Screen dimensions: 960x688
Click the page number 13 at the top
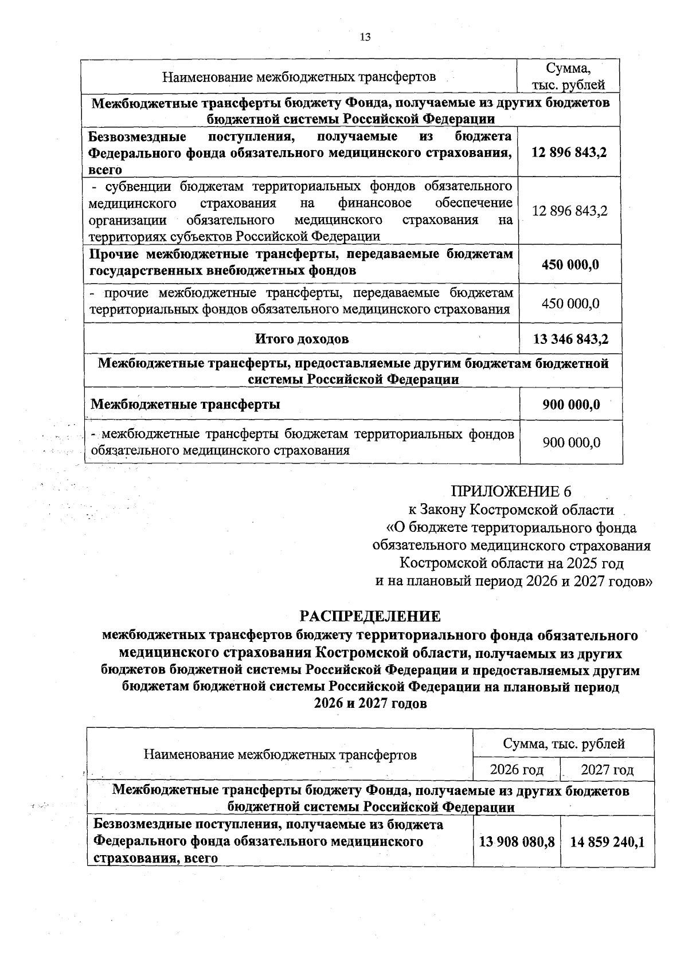[365, 37]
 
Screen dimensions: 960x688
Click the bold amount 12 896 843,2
[569, 152]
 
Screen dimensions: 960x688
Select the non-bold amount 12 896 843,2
[569, 211]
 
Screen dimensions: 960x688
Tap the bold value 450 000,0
[570, 265]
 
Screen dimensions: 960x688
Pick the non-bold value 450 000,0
[570, 303]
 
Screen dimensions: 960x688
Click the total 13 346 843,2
[570, 339]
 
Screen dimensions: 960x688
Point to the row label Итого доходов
[302, 339]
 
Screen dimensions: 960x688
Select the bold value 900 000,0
[571, 404]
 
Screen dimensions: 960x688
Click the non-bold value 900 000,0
[571, 442]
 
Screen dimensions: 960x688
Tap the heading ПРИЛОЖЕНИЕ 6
[511, 491]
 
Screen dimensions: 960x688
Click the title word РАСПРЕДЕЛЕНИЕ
[370, 616]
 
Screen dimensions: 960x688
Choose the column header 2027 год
[607, 769]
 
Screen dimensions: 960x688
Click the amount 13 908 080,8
[517, 841]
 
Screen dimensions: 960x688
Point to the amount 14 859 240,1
[607, 841]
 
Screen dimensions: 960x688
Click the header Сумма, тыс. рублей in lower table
[563, 744]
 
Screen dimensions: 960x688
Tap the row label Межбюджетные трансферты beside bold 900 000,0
[185, 404]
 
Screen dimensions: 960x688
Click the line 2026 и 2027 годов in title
[370, 704]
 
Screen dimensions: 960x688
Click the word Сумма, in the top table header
[568, 68]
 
